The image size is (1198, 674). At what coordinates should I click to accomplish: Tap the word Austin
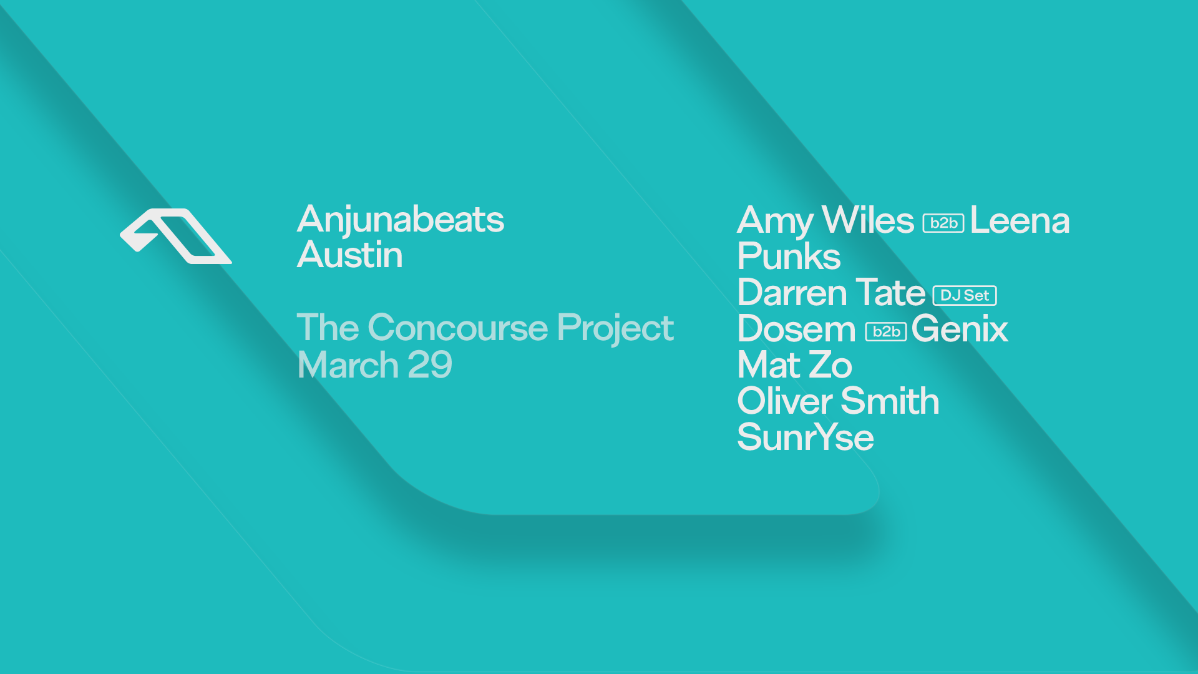(350, 255)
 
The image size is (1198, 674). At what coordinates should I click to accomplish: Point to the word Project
(615, 329)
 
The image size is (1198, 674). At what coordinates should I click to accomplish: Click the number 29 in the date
(429, 365)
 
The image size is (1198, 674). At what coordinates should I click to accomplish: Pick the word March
(348, 365)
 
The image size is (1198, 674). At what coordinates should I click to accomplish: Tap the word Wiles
(868, 220)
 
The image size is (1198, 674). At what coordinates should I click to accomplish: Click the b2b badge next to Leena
(943, 223)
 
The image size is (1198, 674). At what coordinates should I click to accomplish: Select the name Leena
(1020, 221)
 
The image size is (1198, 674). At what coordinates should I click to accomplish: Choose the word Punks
(789, 256)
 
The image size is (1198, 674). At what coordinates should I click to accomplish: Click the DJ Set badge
(965, 295)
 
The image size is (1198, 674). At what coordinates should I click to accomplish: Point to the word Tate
(890, 293)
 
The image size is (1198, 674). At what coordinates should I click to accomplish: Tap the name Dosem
(797, 329)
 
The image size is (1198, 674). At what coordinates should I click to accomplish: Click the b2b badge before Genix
(886, 331)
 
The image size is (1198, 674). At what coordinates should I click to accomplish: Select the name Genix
(960, 329)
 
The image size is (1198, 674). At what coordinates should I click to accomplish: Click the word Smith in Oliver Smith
(890, 401)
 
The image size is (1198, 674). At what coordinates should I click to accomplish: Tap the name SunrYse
(806, 437)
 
